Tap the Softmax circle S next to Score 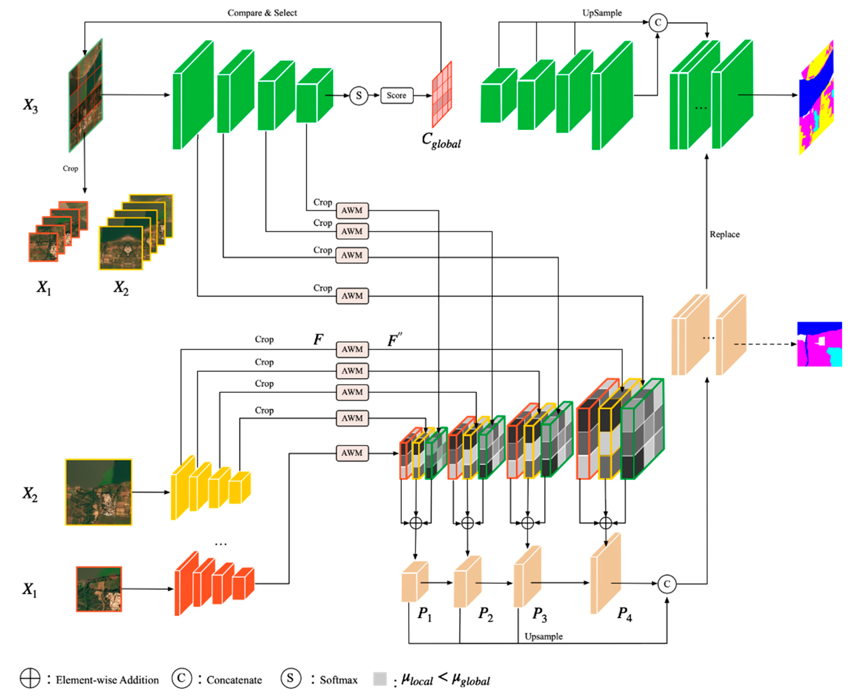point(359,95)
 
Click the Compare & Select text point(262,13)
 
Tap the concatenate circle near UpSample point(658,22)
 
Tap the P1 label point(424,613)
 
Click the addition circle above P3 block point(527,523)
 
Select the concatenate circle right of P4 point(666,584)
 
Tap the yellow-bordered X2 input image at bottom point(99,492)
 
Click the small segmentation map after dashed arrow point(819,344)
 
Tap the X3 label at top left point(30,106)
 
